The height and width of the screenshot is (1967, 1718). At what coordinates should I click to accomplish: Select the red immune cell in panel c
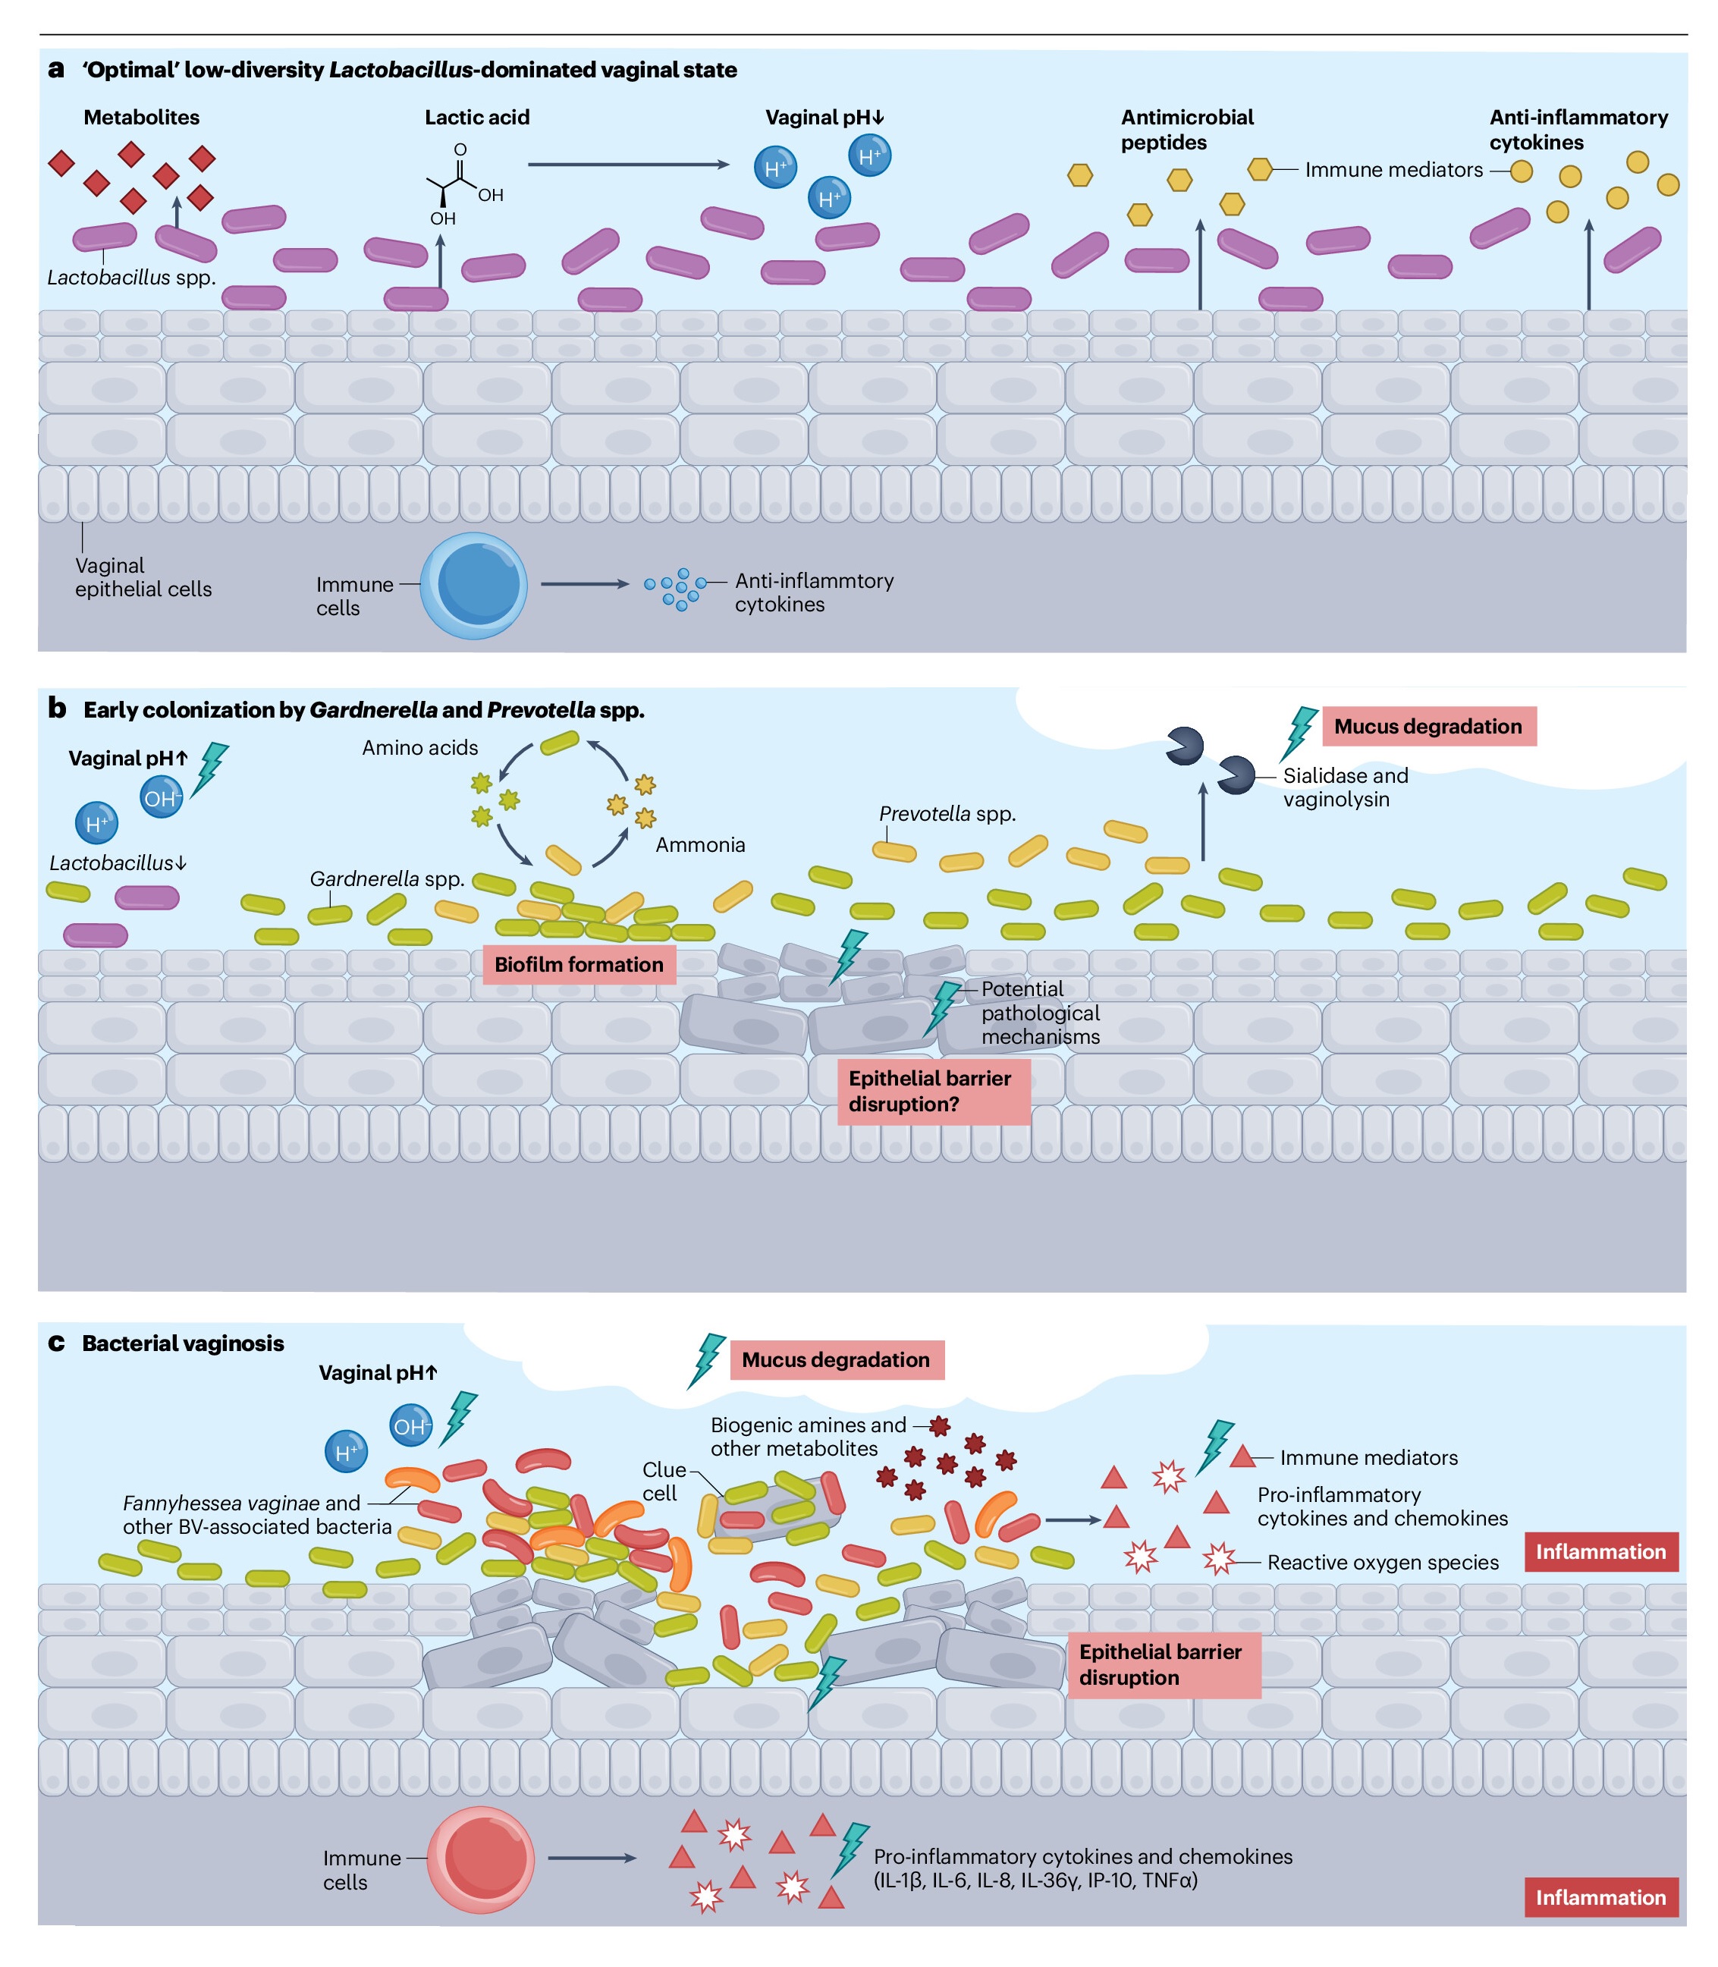479,1859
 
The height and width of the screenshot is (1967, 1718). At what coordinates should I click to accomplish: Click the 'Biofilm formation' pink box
578,964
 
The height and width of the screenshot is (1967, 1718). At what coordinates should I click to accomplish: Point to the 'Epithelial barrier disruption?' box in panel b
934,1091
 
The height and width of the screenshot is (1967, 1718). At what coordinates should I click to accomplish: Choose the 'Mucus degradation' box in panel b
1428,727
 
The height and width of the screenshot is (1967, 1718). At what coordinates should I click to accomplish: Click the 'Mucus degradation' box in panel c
837,1359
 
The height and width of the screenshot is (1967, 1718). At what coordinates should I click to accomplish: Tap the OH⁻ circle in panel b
161,797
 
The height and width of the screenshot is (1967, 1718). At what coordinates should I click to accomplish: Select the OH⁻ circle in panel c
410,1425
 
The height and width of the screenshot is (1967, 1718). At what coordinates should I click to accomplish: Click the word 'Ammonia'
700,844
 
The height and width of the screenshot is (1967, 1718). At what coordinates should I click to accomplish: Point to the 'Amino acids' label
420,748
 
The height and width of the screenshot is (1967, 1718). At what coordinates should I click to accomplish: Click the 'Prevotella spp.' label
947,814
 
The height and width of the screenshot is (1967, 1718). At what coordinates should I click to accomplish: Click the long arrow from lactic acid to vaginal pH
629,165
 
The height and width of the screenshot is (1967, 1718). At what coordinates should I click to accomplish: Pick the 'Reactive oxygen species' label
1383,1563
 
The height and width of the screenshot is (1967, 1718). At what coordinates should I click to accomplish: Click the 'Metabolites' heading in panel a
142,117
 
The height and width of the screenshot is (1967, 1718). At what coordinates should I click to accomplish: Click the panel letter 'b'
58,709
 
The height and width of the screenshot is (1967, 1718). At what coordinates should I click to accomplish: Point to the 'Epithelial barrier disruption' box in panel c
1164,1664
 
